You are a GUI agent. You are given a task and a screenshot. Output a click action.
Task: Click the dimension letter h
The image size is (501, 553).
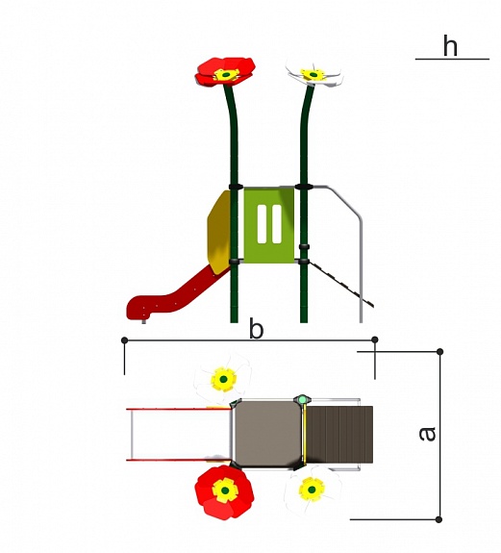pyautogui.click(x=450, y=45)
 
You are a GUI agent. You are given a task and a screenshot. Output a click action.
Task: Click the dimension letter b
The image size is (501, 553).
pyautogui.click(x=257, y=328)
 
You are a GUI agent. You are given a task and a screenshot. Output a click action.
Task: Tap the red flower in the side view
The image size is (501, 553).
pyautogui.click(x=225, y=71)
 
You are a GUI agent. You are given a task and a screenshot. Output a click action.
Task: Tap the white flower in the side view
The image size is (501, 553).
pyautogui.click(x=314, y=75)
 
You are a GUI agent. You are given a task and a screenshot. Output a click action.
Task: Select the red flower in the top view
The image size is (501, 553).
pyautogui.click(x=224, y=492)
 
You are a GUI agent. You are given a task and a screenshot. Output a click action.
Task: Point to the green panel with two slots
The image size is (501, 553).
pyautogui.click(x=269, y=225)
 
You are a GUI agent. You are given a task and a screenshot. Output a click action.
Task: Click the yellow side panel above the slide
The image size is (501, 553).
pyautogui.click(x=219, y=232)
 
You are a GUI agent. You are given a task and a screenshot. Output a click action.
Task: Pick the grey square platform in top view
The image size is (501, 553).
pyautogui.click(x=267, y=434)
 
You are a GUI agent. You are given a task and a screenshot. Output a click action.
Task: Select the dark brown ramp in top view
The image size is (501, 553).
pyautogui.click(x=339, y=435)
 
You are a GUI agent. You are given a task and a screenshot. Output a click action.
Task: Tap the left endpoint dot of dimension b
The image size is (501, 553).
pyautogui.click(x=124, y=340)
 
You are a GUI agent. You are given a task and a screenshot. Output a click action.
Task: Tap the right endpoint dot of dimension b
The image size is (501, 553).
pyautogui.click(x=375, y=339)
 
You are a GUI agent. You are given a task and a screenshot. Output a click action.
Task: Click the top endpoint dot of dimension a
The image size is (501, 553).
pyautogui.click(x=439, y=352)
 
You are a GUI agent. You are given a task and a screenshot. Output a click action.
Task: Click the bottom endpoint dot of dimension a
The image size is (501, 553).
pyautogui.click(x=438, y=519)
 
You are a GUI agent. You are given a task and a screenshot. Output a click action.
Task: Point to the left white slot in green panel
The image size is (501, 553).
pyautogui.click(x=262, y=224)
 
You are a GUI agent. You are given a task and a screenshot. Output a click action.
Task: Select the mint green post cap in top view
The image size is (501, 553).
pyautogui.click(x=302, y=400)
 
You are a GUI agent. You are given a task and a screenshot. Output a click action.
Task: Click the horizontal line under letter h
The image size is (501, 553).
pyautogui.click(x=452, y=59)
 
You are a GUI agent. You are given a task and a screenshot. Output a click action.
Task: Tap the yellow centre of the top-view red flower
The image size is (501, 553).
pyautogui.click(x=225, y=490)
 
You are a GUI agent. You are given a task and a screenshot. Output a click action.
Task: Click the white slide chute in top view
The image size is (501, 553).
pyautogui.click(x=180, y=435)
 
